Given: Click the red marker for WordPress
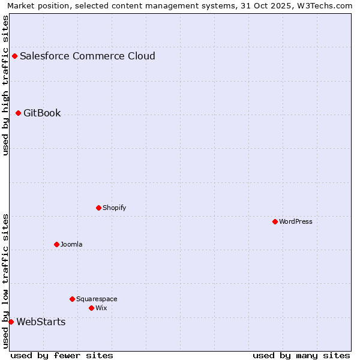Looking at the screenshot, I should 275,221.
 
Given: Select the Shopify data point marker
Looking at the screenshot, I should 98,208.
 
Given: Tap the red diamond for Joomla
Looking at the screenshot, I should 56,244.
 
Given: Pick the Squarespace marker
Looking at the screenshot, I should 72,299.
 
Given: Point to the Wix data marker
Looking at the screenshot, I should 91,308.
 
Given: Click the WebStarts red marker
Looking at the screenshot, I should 11,322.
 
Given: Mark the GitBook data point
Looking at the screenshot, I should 18,113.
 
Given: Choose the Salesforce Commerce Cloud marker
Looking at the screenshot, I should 14,56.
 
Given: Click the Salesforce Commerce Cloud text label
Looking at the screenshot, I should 88,56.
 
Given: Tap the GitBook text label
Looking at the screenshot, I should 42,113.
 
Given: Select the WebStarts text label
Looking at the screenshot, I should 41,322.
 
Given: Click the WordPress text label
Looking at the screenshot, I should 296,221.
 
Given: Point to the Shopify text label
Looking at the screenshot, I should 114,208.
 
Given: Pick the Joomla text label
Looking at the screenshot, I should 71,244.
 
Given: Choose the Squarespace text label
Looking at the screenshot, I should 97,299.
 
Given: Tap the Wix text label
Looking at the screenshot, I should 101,308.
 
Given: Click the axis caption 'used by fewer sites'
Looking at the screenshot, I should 62,355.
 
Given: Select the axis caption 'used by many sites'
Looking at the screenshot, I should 301,355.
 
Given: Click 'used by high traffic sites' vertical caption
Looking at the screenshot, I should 5,85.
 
